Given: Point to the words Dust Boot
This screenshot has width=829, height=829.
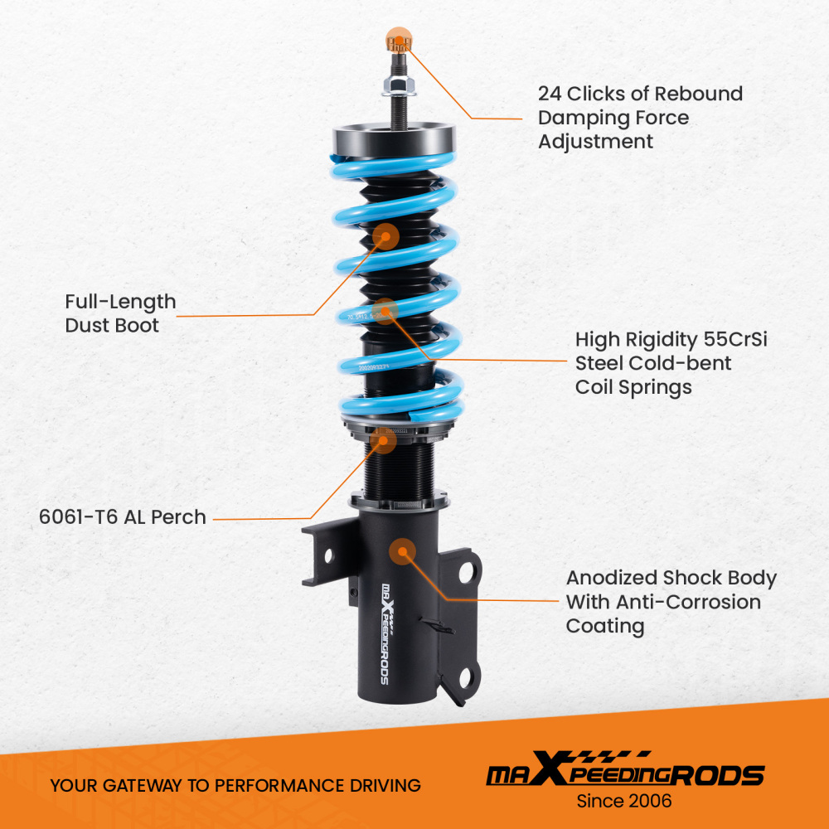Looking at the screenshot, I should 112,326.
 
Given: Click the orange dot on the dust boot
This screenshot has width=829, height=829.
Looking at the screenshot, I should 385,235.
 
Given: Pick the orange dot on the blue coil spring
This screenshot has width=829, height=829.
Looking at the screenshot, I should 386,310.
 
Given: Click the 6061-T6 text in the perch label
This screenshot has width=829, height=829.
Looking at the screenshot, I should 79,517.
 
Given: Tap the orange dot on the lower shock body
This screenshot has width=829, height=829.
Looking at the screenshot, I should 403,550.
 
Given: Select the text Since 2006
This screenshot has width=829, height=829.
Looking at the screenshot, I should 624,802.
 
